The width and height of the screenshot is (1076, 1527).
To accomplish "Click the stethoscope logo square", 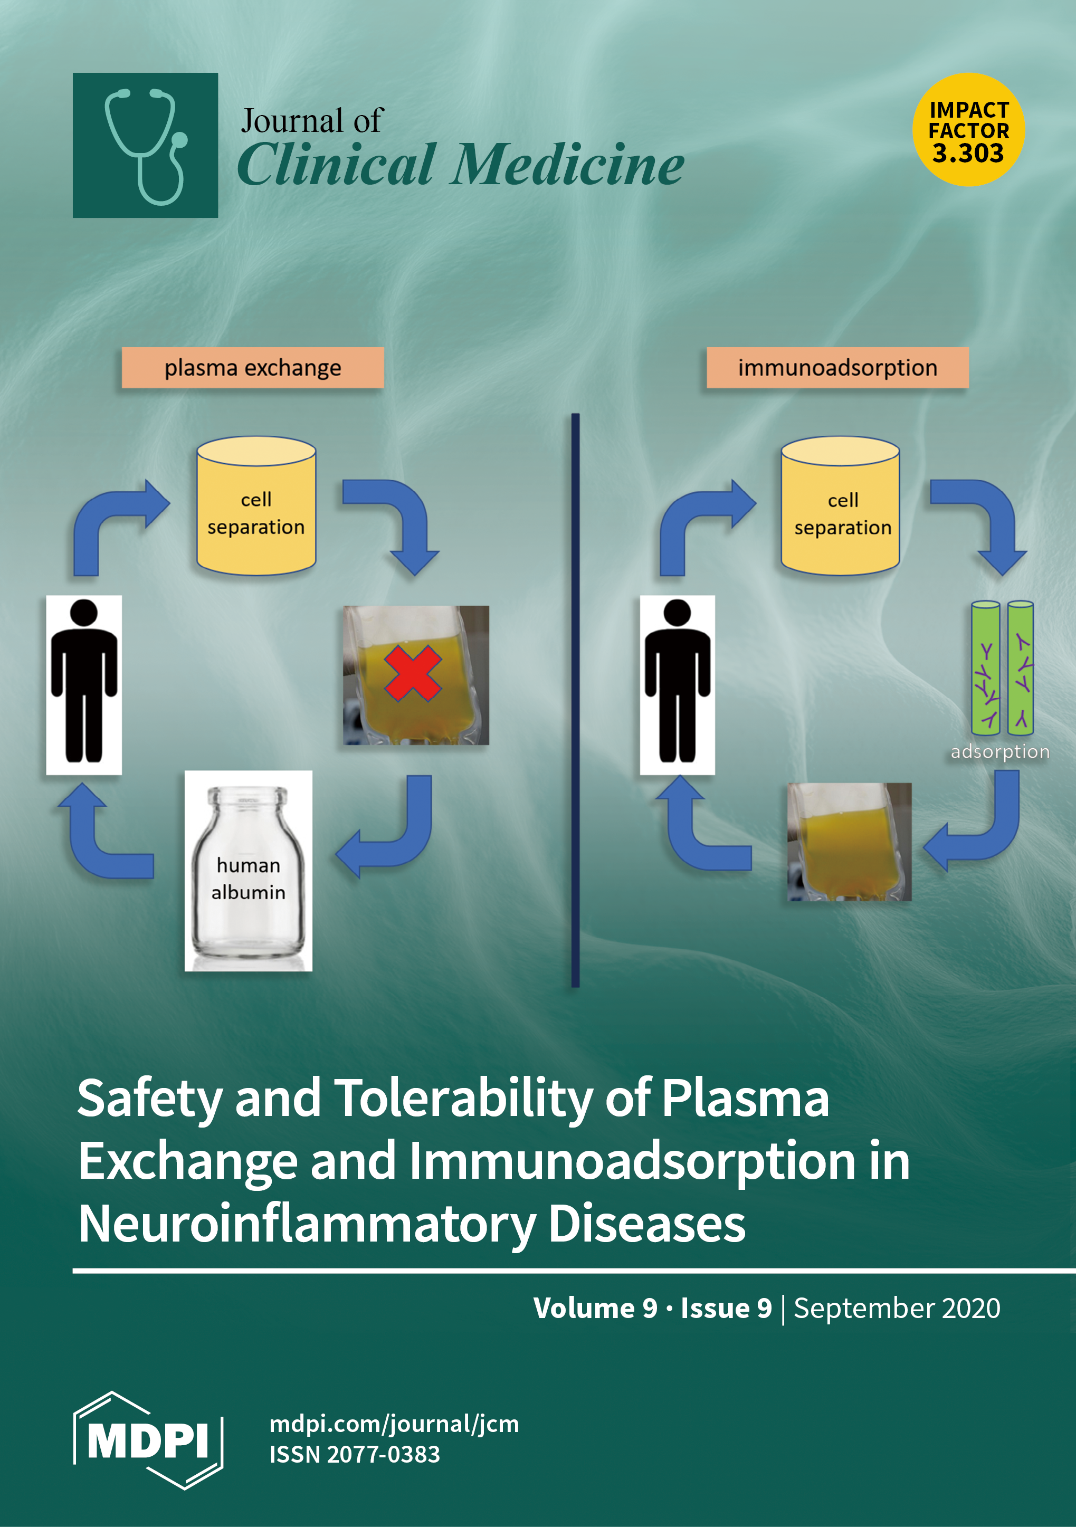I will coord(145,145).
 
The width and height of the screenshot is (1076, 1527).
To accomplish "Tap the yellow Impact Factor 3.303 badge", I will coord(968,130).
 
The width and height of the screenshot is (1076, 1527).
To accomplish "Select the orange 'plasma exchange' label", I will coord(253,367).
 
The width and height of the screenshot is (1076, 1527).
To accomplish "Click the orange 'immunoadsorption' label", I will coord(837,367).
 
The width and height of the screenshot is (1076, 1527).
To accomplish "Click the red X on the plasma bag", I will coord(412,673).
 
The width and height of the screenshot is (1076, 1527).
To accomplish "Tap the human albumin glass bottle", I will coord(248,871).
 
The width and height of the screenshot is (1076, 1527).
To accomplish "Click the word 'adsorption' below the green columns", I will coord(999,751).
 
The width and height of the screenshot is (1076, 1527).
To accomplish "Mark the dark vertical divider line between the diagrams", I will coord(575,698).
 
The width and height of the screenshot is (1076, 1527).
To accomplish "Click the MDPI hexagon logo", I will coord(148,1440).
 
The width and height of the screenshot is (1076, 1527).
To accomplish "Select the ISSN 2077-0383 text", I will coord(355,1455).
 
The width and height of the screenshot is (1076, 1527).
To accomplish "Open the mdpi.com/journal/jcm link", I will coord(394,1424).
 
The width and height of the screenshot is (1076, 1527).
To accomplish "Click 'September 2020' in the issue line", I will coord(897,1308).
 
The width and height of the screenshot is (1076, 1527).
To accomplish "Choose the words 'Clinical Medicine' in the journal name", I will coord(460,165).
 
